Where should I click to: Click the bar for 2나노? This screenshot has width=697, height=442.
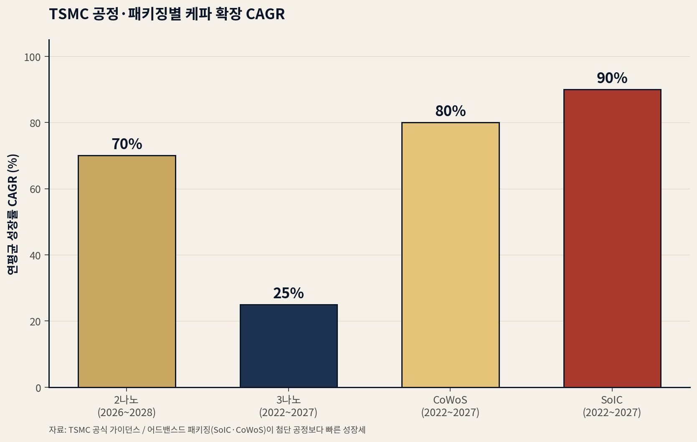coord(127,272)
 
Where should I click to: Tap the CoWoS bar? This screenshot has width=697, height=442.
coord(450,255)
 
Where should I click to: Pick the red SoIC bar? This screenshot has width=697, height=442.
coord(612,238)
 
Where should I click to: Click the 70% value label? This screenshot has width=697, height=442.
coord(127,144)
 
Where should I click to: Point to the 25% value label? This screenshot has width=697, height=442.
coord(289,293)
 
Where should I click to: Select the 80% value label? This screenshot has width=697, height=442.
coord(450,111)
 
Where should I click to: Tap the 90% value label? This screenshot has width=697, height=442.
coord(612,78)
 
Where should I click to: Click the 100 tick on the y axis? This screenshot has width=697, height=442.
coord(32,57)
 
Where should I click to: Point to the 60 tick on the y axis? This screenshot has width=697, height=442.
coord(35,189)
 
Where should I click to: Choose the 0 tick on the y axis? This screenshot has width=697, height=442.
coord(38,388)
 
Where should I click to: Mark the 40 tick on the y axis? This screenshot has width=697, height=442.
coord(35,256)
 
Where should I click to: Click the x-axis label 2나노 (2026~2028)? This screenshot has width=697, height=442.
coord(127,406)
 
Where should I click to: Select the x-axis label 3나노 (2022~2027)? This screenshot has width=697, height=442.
coord(288,406)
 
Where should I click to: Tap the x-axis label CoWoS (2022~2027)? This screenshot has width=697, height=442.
coord(450,406)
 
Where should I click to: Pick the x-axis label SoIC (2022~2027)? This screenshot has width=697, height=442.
coord(612,406)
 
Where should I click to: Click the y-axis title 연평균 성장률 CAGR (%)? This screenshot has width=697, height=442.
coord(13,214)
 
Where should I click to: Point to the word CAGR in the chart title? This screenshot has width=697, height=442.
coord(265,14)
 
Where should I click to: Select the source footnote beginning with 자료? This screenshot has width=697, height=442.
coord(207,430)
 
